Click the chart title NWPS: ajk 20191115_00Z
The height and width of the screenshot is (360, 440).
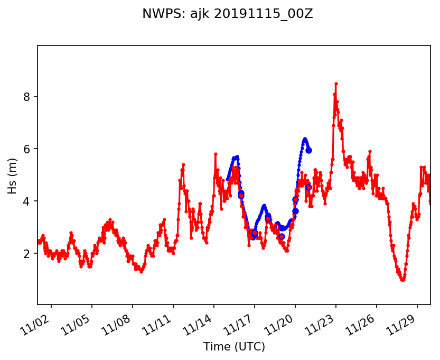227,14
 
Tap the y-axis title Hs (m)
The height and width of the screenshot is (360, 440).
12,175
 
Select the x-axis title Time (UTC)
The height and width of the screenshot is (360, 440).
234,347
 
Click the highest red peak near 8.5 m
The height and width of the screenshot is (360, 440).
336,84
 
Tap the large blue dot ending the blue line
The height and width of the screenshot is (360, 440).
308,150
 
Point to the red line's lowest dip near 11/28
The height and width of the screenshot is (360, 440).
402,280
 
